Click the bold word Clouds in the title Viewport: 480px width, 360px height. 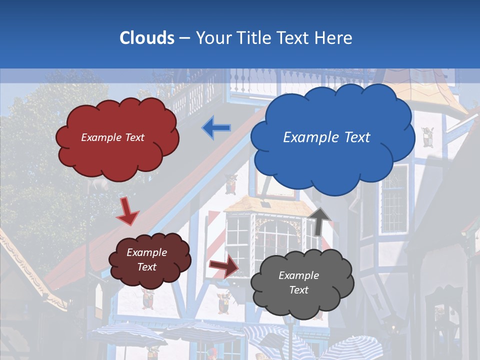coord(147,38)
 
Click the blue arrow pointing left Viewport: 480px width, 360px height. coord(216,127)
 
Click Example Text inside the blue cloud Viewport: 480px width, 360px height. coord(326,137)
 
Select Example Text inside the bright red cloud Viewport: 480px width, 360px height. coord(112,137)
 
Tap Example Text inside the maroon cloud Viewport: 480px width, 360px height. coord(147,259)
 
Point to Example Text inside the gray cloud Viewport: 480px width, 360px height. coord(298,282)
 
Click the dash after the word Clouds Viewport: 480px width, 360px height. coord(184,38)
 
